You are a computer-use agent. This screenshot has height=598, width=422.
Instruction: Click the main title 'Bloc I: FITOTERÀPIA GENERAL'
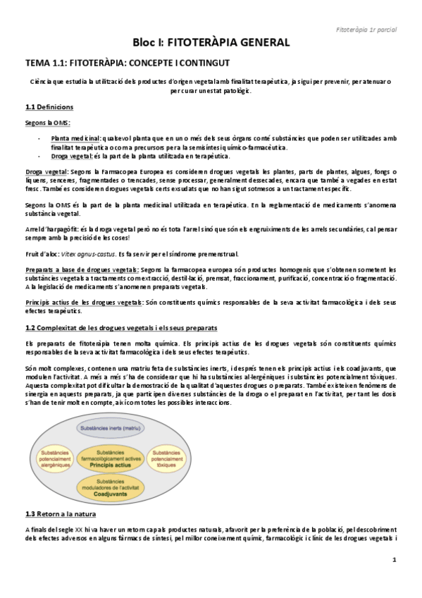click(x=211, y=42)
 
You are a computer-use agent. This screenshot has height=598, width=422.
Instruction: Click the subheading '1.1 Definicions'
click(x=49, y=107)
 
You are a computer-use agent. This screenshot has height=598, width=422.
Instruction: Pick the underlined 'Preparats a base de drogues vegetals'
click(x=82, y=269)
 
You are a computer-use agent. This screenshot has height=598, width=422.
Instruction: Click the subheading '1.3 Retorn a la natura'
click(x=59, y=513)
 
